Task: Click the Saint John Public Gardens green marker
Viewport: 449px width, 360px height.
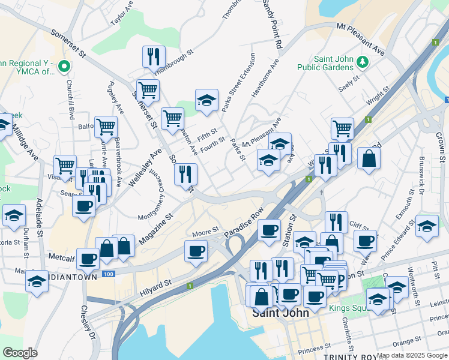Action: coord(362,62)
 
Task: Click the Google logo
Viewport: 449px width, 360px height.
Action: coord(20,353)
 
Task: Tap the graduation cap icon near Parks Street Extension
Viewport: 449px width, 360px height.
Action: coord(206,100)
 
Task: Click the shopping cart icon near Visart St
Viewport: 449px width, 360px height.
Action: coord(65,165)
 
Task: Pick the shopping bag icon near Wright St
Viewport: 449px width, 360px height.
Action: coord(369,158)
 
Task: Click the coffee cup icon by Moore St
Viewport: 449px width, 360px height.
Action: coord(196,251)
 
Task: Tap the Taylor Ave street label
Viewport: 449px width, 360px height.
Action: coord(122,13)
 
